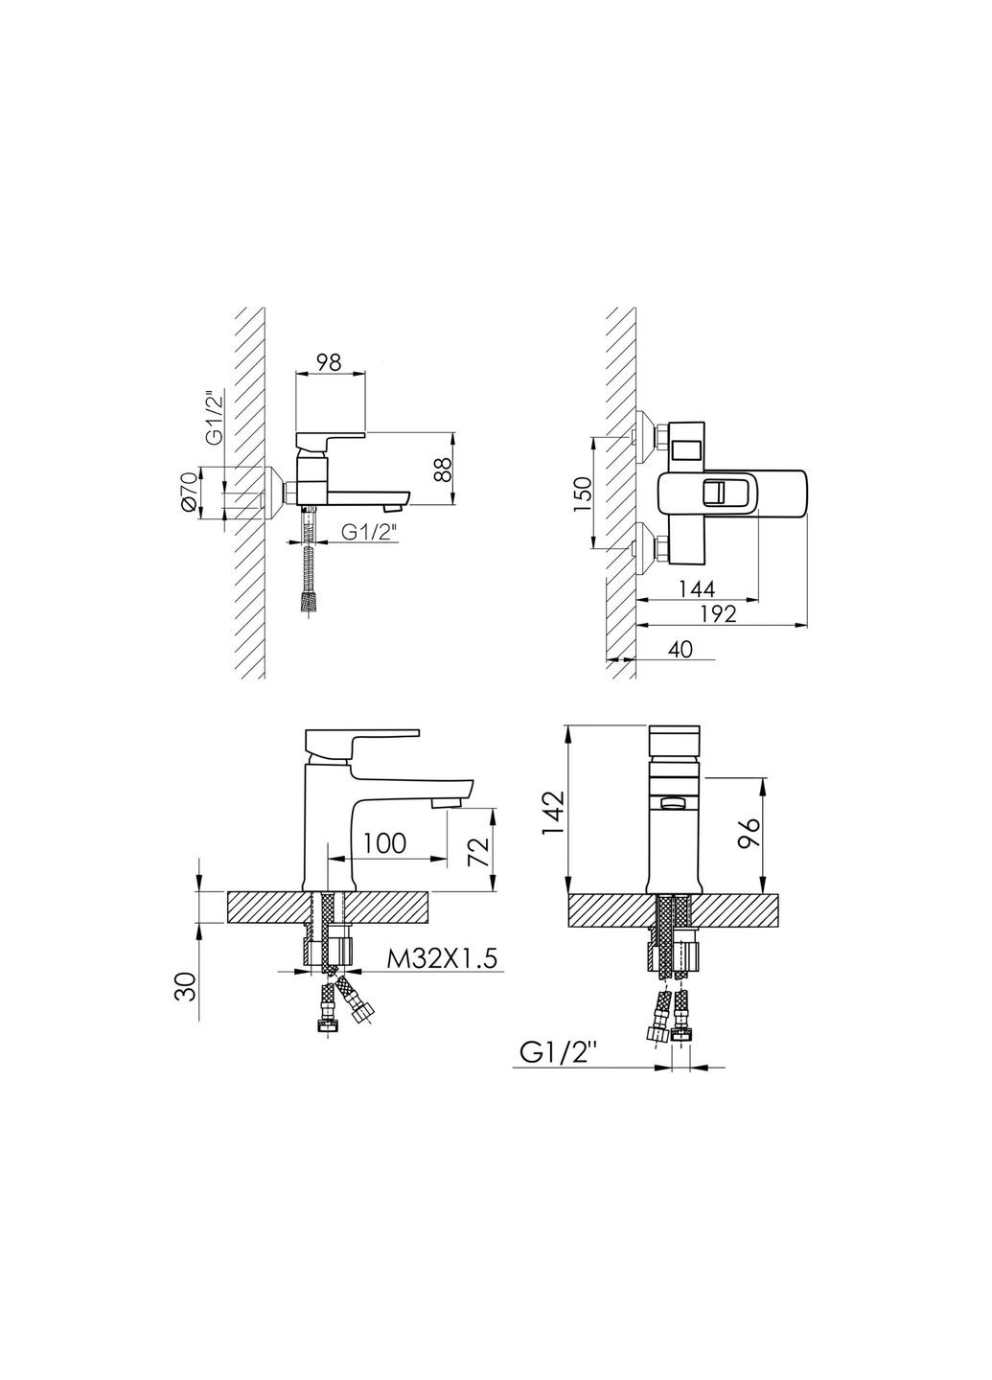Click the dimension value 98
coord(329,361)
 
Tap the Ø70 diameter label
coord(191,491)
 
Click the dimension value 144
coord(697,589)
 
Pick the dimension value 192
coord(719,613)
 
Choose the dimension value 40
coord(680,649)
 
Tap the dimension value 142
coord(553,812)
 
